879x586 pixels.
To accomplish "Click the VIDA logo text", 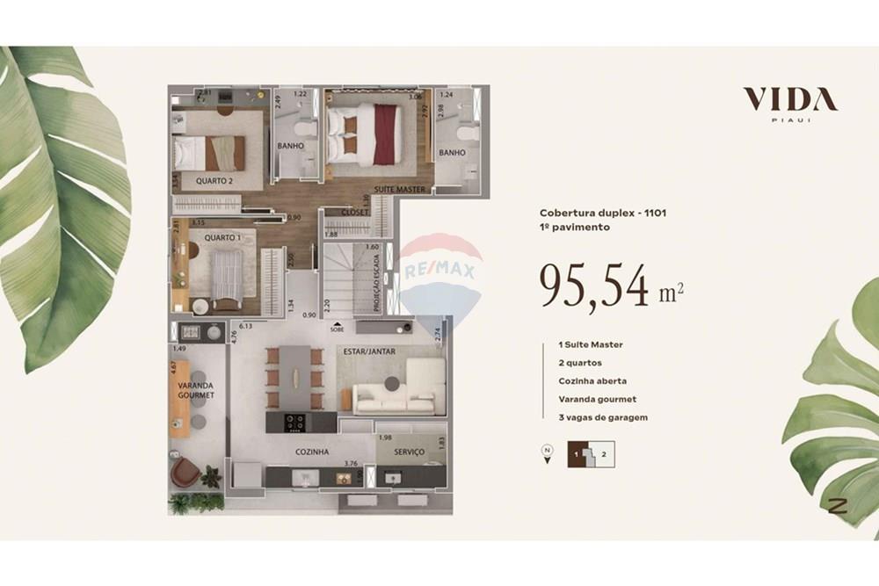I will (x=789, y=98).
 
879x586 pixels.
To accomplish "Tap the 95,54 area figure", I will (x=595, y=287).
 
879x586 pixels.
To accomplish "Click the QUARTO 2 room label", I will (x=214, y=182).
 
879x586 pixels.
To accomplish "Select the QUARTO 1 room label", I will (x=222, y=237).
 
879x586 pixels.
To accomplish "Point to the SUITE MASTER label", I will (x=399, y=190).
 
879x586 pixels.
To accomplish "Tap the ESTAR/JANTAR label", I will (x=370, y=351).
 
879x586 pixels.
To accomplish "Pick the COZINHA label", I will (x=311, y=452).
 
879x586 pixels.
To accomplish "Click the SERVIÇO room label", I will (x=409, y=452).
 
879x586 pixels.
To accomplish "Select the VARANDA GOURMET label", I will (x=195, y=390).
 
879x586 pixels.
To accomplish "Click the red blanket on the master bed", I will (x=384, y=134).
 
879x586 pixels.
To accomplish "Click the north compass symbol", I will (x=547, y=453).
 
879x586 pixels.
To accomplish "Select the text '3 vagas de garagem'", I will (x=603, y=417).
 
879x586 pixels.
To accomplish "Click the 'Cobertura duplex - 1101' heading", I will (x=596, y=213).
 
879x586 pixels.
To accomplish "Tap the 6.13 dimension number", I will (x=245, y=326).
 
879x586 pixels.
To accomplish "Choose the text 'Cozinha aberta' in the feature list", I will (x=592, y=381).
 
